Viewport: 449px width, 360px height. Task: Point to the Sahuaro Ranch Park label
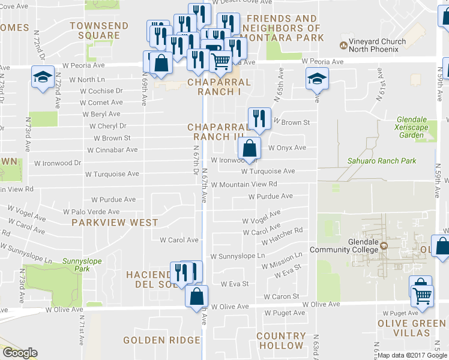click(382, 161)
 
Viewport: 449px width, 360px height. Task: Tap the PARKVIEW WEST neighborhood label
click(115, 222)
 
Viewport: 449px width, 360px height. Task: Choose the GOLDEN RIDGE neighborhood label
click(161, 340)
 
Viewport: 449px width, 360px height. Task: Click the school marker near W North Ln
click(43, 78)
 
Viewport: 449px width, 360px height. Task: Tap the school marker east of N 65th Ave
click(317, 78)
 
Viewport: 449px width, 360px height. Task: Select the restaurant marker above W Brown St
click(259, 118)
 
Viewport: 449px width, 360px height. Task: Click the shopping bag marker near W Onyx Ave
click(249, 148)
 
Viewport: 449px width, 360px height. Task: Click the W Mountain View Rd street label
click(244, 184)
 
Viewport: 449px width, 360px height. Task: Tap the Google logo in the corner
click(20, 353)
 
